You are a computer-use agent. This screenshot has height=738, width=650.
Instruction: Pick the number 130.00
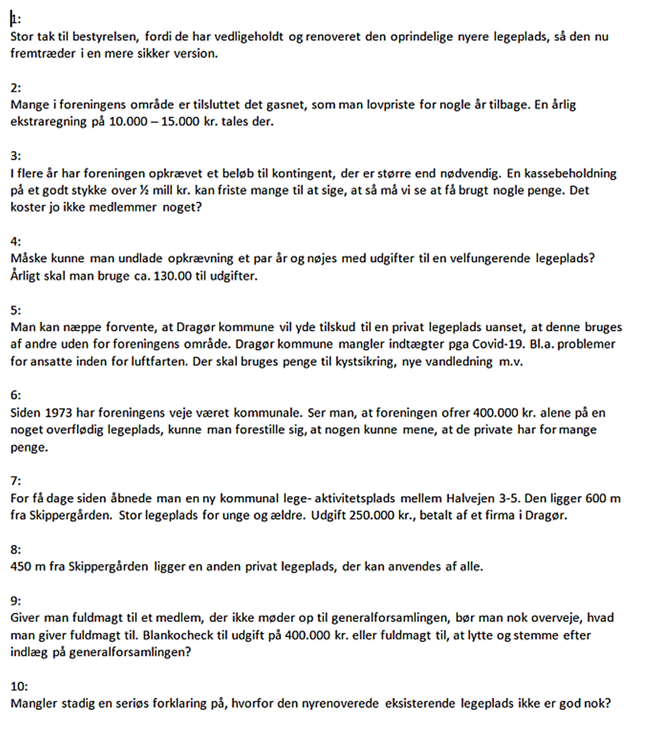(173, 276)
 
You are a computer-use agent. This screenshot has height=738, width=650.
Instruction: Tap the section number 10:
(19, 687)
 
